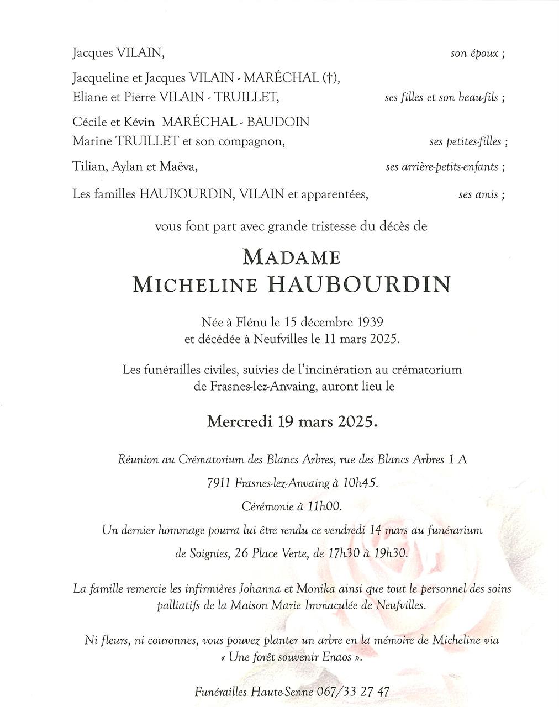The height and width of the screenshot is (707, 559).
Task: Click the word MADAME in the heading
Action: click(x=292, y=257)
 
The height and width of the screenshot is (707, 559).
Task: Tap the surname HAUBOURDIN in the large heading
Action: click(x=359, y=285)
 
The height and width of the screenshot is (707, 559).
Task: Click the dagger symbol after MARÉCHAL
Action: click(x=329, y=78)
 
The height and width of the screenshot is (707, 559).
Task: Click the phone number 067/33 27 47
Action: click(x=354, y=692)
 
